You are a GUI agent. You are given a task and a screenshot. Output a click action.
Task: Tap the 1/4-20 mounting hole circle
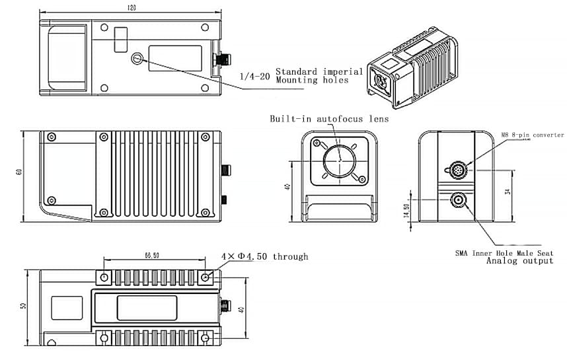136,59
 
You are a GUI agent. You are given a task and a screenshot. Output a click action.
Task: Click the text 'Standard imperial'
319,71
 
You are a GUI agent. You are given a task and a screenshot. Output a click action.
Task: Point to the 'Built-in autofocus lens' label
329,119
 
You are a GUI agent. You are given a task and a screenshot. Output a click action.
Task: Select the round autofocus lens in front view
339,160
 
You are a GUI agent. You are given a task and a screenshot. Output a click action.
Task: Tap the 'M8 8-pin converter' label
532,135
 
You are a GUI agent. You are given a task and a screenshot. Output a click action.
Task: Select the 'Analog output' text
519,261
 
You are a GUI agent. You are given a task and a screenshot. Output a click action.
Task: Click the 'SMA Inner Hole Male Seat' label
504,253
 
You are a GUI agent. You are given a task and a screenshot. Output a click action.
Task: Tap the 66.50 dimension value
153,255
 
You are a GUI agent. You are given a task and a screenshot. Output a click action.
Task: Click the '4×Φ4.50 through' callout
264,256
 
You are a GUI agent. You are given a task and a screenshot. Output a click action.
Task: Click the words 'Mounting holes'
311,81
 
